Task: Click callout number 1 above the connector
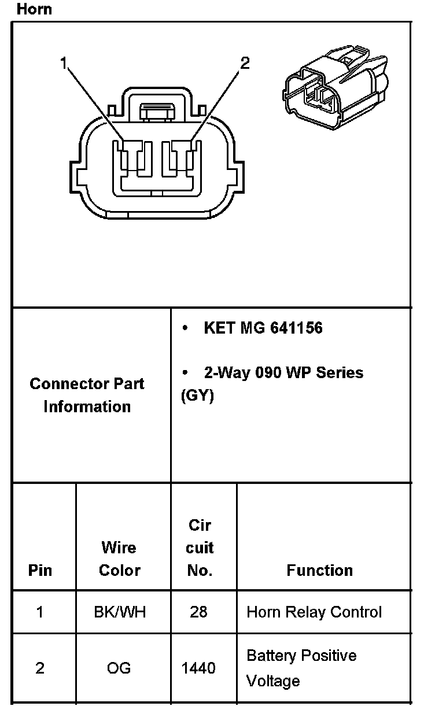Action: (x=64, y=63)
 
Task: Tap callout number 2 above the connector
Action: (x=245, y=63)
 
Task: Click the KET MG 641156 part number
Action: (x=263, y=328)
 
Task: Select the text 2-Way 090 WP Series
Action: (x=283, y=372)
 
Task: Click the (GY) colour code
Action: (x=197, y=396)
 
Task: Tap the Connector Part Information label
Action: (x=87, y=395)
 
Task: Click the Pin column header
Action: (x=40, y=571)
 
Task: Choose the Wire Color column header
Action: (x=120, y=559)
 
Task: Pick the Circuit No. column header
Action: (x=200, y=548)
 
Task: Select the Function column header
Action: (x=319, y=571)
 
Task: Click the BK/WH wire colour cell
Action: (x=120, y=612)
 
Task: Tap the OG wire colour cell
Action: (x=119, y=668)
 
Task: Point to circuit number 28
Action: (x=198, y=612)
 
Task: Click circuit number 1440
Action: (x=198, y=668)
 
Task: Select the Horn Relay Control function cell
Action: (x=314, y=612)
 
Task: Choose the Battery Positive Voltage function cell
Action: (x=301, y=668)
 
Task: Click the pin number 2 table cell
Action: (x=40, y=668)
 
